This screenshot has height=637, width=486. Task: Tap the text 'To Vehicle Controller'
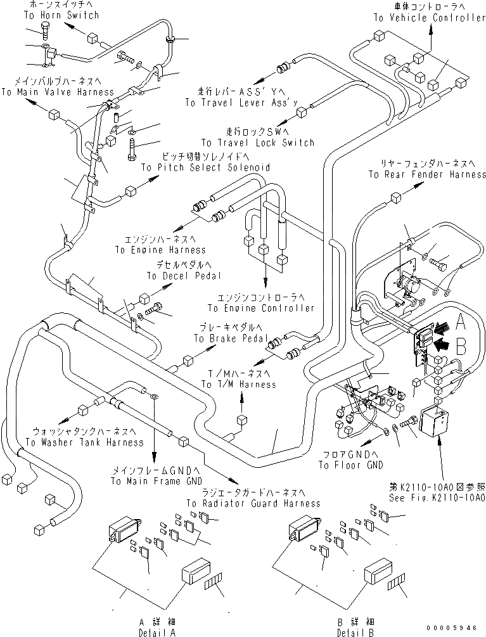pyautogui.click(x=429, y=18)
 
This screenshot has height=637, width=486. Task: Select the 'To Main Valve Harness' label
pyautogui.click(x=58, y=92)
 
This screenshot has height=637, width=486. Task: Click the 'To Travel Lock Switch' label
pyautogui.click(x=258, y=143)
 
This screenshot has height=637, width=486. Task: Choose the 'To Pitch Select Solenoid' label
pyautogui.click(x=205, y=167)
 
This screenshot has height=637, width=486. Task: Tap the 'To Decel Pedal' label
pyautogui.click(x=184, y=276)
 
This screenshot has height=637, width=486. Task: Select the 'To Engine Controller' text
pyautogui.click(x=261, y=308)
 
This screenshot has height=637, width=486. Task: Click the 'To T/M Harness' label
pyautogui.click(x=239, y=384)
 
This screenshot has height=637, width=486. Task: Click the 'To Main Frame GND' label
pyautogui.click(x=155, y=481)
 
